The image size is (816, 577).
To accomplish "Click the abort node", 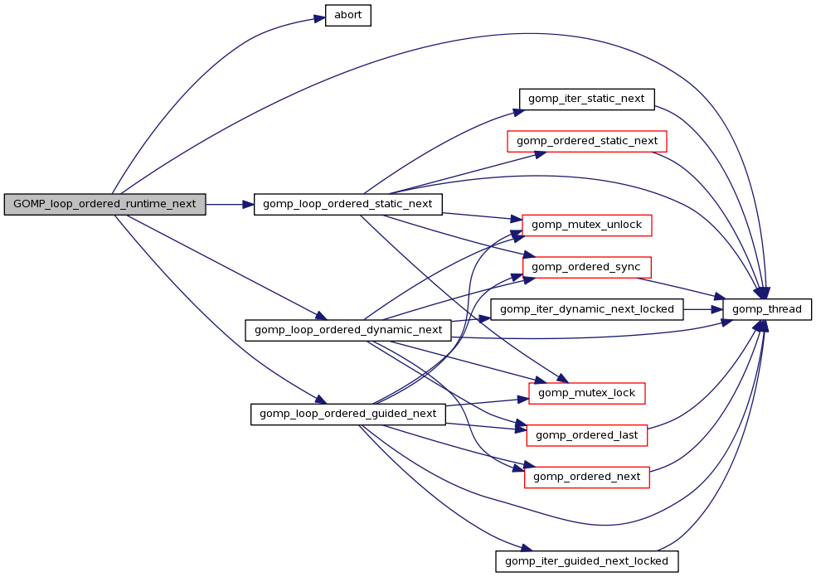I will pos(347,16).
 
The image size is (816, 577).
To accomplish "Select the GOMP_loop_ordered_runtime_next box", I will pos(104,204).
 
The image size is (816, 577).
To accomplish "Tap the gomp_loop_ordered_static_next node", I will pos(347,204).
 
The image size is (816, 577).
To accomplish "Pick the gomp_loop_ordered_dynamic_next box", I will pos(348,330).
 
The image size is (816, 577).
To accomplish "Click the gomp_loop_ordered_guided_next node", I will pos(348,414).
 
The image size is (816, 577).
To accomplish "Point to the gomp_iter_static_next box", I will pos(587,99).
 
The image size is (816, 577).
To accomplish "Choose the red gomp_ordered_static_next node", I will pos(587,141).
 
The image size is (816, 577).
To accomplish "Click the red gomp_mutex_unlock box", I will pos(587,225).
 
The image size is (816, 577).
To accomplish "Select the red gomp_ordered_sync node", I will pos(586,267).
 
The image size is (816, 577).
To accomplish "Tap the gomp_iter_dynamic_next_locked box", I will pos(587,309).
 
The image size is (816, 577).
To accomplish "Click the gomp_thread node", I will pos(767,309).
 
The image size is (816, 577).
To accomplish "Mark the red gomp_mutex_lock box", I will pos(587,393).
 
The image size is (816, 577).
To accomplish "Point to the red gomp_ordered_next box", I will pos(587,477).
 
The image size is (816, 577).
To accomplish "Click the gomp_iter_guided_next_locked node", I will pos(587,560).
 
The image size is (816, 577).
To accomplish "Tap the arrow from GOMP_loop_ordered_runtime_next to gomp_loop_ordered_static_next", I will pos(229,204).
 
